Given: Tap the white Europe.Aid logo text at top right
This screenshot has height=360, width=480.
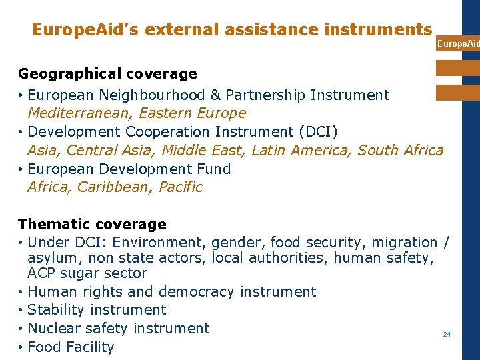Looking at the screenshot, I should [457, 44].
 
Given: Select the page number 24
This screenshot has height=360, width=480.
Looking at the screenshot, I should [447, 334].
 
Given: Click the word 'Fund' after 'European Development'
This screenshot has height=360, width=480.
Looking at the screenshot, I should [213, 169].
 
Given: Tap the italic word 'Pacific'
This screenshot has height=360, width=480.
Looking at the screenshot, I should [180, 187].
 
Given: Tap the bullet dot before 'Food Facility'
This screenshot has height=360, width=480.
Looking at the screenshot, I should [21, 347].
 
